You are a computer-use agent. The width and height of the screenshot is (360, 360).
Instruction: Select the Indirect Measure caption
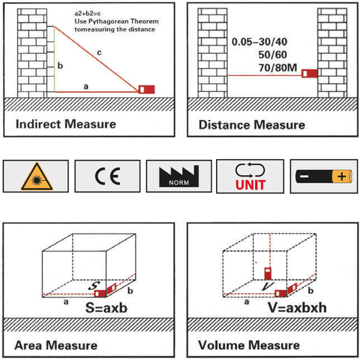65,124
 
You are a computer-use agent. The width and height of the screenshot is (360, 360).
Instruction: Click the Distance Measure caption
251,125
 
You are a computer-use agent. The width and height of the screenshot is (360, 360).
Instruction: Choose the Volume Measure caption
249,345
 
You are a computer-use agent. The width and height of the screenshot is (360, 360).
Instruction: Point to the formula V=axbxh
298,310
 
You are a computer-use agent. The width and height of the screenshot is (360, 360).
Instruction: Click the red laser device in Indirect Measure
146,90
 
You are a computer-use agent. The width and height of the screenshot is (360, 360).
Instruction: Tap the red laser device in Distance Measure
310,74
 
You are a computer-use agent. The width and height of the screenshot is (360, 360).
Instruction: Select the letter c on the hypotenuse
100,54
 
